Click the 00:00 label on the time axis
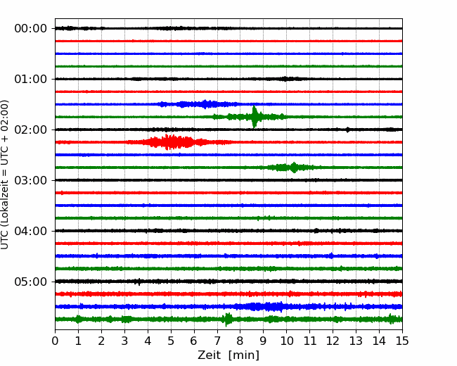(x=31, y=29)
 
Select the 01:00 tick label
(x=31, y=79)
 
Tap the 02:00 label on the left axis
(x=31, y=130)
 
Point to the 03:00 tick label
(x=31, y=180)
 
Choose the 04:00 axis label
(x=31, y=231)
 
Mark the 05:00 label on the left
(x=31, y=282)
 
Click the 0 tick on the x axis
(x=55, y=341)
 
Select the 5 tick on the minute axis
(x=171, y=341)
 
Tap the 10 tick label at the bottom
(x=286, y=341)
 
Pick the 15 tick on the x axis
(x=402, y=341)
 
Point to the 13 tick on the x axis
(x=356, y=341)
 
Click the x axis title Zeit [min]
(x=228, y=355)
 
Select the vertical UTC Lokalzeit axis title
(x=5, y=175)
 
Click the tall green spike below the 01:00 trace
(x=255, y=117)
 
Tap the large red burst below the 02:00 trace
(x=172, y=142)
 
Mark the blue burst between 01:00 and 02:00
(x=198, y=104)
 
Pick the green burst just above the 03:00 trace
(x=292, y=168)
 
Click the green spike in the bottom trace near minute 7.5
(x=227, y=320)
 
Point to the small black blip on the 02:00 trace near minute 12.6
(x=347, y=130)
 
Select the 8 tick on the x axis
(x=240, y=341)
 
